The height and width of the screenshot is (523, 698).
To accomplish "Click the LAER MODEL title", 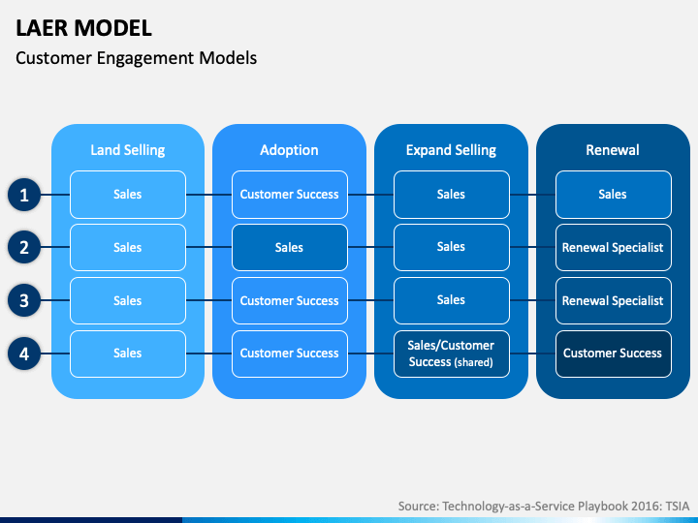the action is (83, 28).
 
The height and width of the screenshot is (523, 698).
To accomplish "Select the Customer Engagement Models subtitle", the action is (137, 58).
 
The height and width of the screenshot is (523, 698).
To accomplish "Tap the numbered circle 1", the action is (24, 195).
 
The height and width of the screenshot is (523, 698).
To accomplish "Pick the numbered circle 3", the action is (24, 300).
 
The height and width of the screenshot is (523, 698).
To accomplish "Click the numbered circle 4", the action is (24, 354).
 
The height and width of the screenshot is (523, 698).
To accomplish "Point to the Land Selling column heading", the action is (128, 150).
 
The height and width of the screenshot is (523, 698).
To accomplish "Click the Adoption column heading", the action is (289, 150).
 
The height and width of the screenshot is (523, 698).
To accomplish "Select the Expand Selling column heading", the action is (451, 150).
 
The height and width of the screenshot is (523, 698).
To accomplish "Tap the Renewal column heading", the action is (613, 150).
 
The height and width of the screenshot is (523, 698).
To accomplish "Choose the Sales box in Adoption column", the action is (290, 248).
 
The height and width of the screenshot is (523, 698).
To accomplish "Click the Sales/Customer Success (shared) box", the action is (452, 354).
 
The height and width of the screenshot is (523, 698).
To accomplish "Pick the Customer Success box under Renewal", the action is (614, 354).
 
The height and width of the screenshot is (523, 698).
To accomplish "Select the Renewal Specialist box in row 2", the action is (614, 248).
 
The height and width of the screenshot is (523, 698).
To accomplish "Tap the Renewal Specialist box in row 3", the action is (614, 300).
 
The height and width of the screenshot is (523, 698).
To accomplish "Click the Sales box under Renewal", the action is (614, 195).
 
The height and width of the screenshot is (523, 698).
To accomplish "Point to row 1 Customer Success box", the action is (290, 195).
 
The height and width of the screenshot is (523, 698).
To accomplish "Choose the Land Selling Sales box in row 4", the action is (128, 354).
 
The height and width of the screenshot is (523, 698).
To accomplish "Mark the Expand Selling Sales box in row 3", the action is (452, 300).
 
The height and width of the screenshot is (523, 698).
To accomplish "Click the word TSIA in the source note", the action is (678, 507).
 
